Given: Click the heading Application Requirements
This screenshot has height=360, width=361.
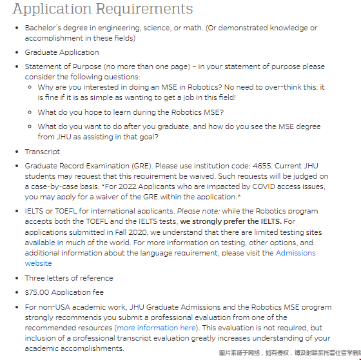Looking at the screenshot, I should tap(102, 9).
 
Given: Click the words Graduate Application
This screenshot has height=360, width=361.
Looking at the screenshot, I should tap(62, 52).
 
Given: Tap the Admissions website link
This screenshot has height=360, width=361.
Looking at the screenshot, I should tap(296, 253).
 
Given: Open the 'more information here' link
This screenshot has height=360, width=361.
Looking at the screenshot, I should tap(157, 328).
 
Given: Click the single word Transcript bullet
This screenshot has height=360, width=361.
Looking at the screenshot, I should tap(43, 152).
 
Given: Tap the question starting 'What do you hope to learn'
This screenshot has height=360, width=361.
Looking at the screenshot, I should tap(131, 112).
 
